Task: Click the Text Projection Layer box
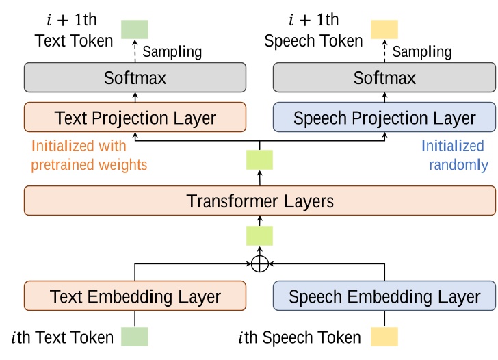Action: (x=135, y=118)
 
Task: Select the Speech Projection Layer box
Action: (x=384, y=118)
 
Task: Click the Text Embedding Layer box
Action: (x=135, y=296)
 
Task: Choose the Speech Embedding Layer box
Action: (x=384, y=296)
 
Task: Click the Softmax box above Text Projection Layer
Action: (x=135, y=78)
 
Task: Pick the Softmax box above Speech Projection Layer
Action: (x=384, y=78)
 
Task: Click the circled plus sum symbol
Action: (x=259, y=264)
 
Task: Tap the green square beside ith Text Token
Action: (x=135, y=337)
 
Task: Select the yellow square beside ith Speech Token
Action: (x=384, y=337)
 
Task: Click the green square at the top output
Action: (x=135, y=29)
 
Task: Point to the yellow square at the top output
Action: (x=384, y=29)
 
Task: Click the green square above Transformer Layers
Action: (x=259, y=160)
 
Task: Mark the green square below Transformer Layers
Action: (x=259, y=235)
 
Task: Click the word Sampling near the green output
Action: (x=172, y=51)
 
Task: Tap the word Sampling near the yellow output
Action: (x=421, y=51)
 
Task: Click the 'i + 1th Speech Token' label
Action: (x=313, y=31)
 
